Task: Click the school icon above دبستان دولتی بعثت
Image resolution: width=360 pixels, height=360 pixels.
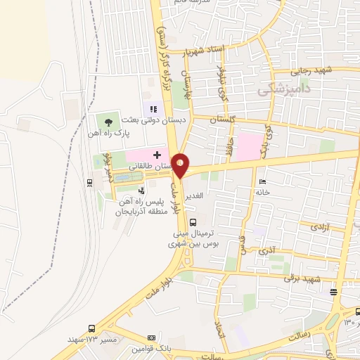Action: pos(153,108)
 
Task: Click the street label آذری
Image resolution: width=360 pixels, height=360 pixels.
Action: pos(267,250)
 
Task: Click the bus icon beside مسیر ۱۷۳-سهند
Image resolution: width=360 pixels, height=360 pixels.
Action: pos(92,328)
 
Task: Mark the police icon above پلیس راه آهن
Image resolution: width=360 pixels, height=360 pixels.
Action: pos(141,190)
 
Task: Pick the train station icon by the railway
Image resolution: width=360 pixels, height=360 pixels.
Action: pos(90,183)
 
